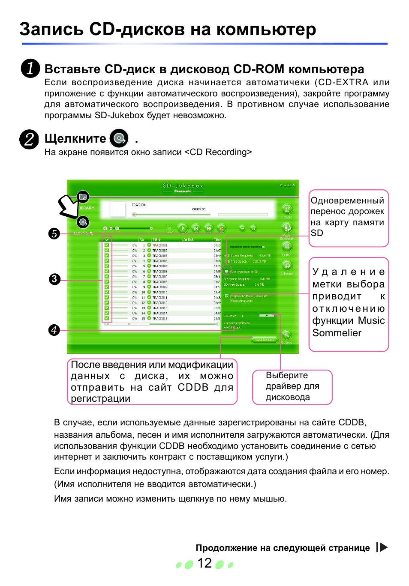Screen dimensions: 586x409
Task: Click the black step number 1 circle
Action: click(x=30, y=69)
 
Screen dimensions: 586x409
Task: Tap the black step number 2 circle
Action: click(x=29, y=139)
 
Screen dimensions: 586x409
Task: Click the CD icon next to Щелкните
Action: click(x=119, y=138)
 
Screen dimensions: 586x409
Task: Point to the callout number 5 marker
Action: click(x=54, y=233)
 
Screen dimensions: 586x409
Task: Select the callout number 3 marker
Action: click(x=54, y=279)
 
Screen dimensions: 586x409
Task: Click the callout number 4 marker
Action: click(x=54, y=330)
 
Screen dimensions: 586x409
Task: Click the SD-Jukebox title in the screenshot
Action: click(x=183, y=186)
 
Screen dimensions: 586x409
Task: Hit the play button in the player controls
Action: click(x=183, y=228)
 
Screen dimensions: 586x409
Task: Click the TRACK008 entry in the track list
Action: click(x=160, y=282)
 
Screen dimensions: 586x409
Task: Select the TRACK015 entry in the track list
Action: click(x=160, y=318)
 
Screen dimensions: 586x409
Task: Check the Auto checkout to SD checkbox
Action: click(x=227, y=271)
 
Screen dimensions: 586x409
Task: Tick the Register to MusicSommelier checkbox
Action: click(x=227, y=296)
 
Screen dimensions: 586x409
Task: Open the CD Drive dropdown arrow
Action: click(x=267, y=315)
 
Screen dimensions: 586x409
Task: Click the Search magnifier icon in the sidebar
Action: click(x=286, y=247)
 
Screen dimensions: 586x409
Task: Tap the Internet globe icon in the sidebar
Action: click(x=287, y=266)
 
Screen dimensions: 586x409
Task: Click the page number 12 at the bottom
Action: click(x=204, y=563)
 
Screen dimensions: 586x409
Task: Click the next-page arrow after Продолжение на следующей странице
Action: click(x=382, y=547)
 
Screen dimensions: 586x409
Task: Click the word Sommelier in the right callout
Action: click(x=337, y=333)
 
